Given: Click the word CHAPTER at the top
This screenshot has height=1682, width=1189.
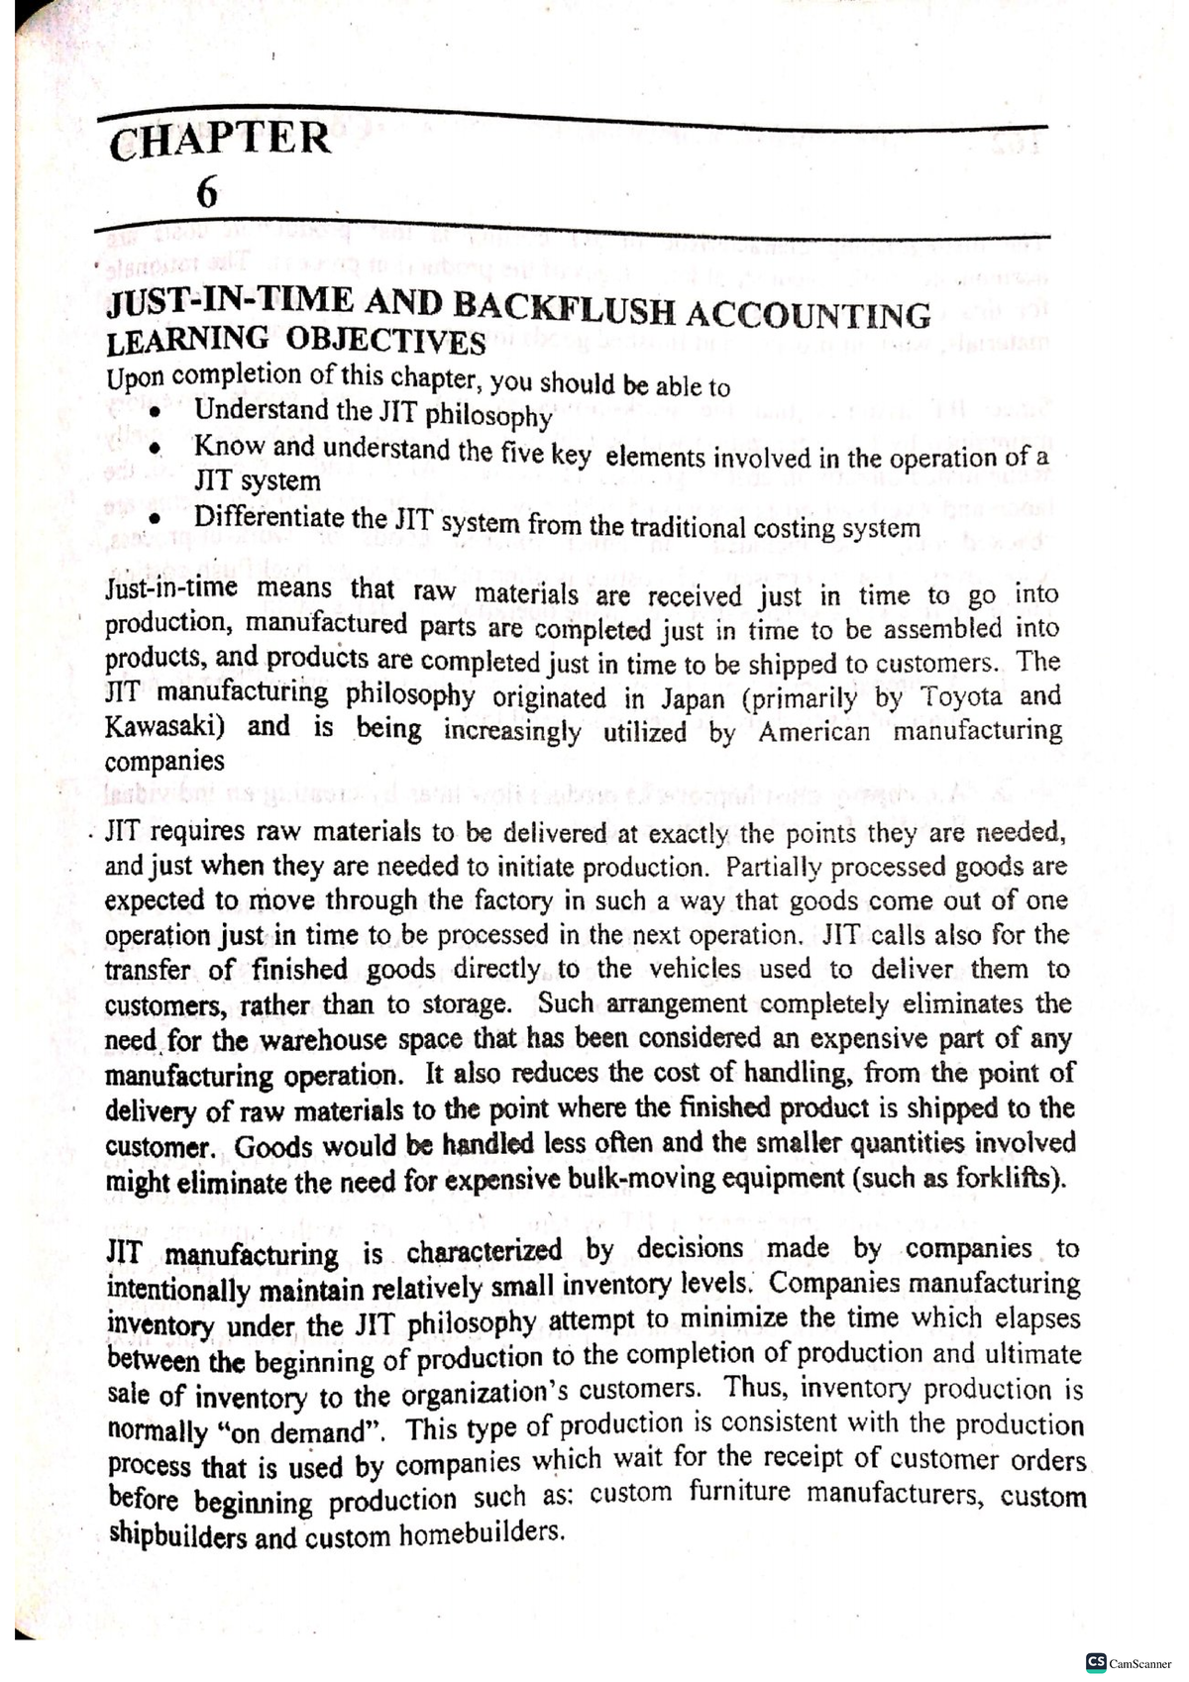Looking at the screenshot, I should coord(220,139).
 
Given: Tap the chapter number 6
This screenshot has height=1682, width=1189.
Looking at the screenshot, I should coord(206,191).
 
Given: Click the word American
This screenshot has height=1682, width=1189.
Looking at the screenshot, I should coord(814,732).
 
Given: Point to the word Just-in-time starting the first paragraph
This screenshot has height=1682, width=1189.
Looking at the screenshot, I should coord(170,588).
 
